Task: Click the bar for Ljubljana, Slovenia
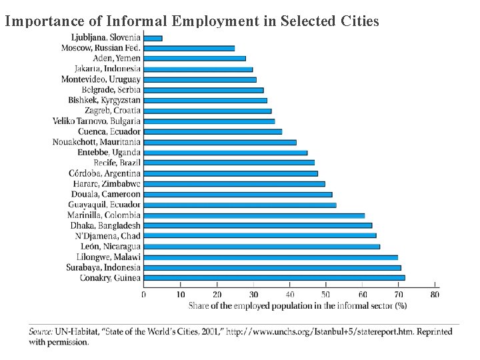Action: tap(153, 38)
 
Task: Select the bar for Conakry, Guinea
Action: tap(274, 277)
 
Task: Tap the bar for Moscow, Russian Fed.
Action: tap(189, 48)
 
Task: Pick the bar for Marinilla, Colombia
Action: tap(254, 215)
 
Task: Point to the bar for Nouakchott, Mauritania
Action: tap(219, 142)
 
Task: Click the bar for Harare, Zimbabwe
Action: tap(234, 183)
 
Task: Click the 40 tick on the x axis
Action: tap(289, 294)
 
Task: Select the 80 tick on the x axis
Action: tap(435, 294)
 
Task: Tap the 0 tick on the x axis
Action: tap(144, 294)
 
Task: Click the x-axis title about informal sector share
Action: tap(297, 306)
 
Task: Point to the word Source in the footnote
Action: tap(40, 331)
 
